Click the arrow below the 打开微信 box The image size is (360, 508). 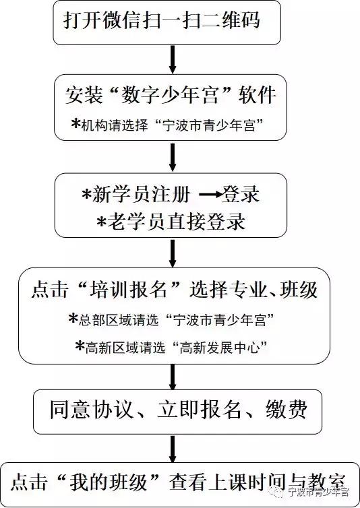(x=173, y=59)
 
